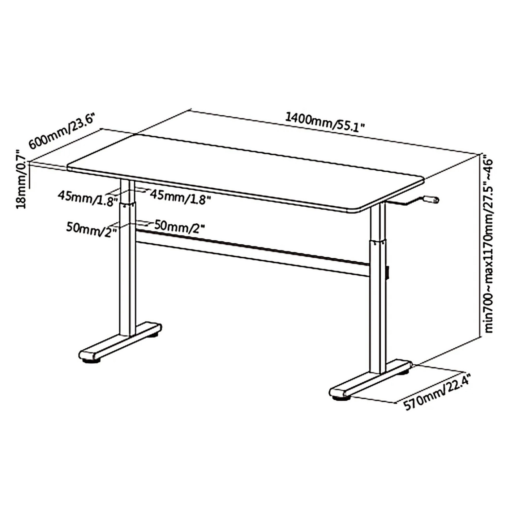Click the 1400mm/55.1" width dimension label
tap(325, 122)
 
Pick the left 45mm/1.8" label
tap(88, 197)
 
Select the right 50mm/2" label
tap(179, 227)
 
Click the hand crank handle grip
tap(431, 199)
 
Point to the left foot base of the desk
tap(119, 342)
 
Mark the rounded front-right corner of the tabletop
tap(358, 210)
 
